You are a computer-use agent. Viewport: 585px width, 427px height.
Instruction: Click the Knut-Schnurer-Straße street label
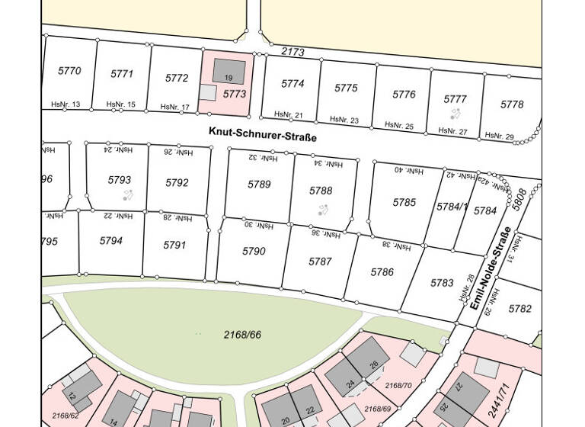(x=262, y=133)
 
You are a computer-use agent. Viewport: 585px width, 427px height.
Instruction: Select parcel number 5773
(x=235, y=94)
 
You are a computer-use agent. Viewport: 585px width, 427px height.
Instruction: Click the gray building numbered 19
(x=229, y=72)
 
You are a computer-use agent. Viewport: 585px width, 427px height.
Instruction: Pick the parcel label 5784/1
(x=452, y=207)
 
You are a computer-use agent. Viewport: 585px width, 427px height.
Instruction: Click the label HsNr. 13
(x=66, y=104)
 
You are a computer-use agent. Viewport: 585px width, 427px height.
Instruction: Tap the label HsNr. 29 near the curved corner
(x=500, y=136)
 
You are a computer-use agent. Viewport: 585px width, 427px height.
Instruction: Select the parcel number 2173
(x=292, y=52)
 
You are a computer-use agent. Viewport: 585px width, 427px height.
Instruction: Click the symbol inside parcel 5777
(x=455, y=114)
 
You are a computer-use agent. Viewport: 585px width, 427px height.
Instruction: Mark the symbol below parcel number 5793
(x=127, y=195)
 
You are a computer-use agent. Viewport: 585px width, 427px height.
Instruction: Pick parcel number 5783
(x=442, y=283)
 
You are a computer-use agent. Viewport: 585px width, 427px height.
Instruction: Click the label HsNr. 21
(x=288, y=115)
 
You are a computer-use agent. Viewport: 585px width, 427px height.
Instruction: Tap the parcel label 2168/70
(x=398, y=386)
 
